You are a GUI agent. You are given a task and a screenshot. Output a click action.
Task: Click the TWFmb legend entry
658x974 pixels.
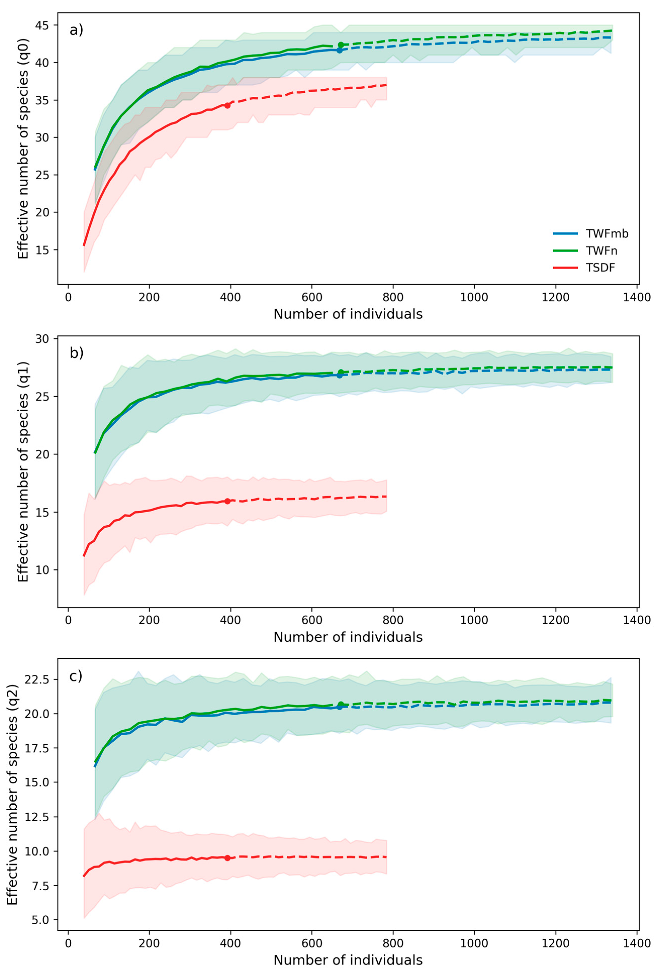[x=590, y=234]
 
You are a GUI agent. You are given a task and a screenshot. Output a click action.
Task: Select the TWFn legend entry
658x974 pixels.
[x=585, y=251]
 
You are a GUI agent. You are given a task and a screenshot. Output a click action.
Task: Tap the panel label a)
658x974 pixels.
[x=76, y=30]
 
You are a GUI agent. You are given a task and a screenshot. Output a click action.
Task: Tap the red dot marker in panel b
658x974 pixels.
[x=228, y=501]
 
